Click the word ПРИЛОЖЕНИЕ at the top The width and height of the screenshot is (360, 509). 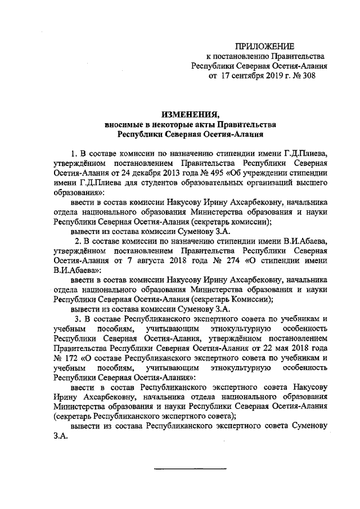coord(264,46)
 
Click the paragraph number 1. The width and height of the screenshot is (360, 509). coord(73,153)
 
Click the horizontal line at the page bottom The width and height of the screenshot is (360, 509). coord(190,469)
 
